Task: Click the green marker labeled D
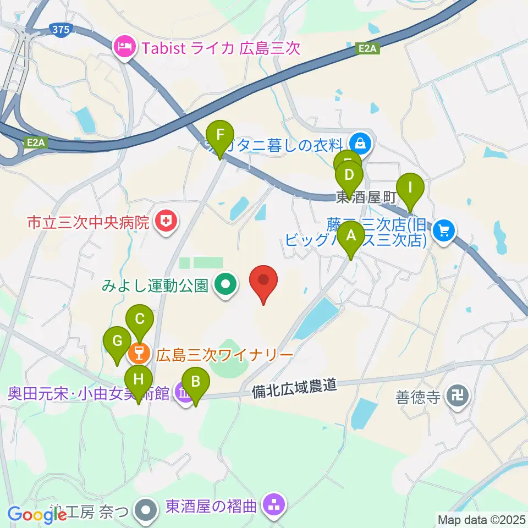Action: [349, 177]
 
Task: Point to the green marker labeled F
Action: [220, 135]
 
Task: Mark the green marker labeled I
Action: [409, 189]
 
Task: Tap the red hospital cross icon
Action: [164, 222]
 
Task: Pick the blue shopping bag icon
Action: [360, 144]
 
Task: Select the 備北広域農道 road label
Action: [294, 389]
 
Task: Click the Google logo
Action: [37, 515]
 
